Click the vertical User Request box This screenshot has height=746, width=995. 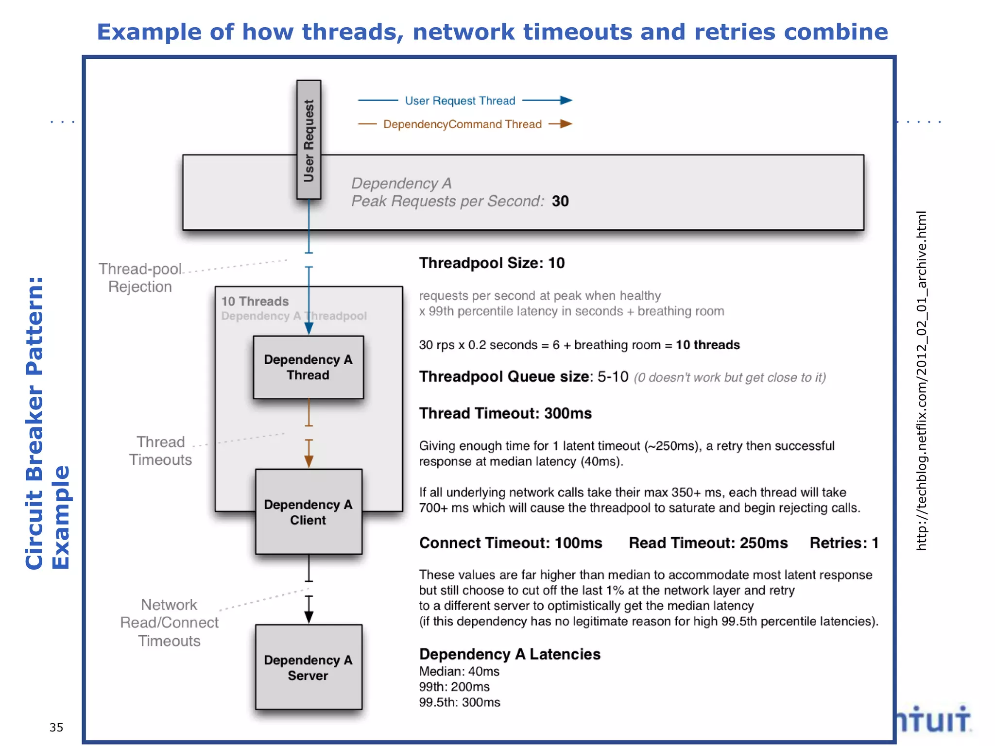(x=309, y=140)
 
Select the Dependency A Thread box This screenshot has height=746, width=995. (x=308, y=367)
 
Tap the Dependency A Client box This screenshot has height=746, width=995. (x=308, y=512)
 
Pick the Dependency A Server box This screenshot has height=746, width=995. (x=308, y=667)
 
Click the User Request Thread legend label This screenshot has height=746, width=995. (x=460, y=101)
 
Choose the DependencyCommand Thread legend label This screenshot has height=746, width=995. (x=462, y=124)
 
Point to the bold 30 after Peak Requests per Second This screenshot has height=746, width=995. (x=560, y=201)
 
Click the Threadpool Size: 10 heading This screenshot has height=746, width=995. (x=492, y=263)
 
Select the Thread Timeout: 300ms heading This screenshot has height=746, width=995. (x=505, y=413)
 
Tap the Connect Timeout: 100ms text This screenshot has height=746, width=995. (x=510, y=543)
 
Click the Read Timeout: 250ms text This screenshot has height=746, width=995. (x=708, y=543)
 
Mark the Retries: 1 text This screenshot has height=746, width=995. (x=844, y=543)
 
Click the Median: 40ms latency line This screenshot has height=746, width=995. (x=459, y=671)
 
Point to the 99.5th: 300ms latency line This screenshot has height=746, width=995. (x=459, y=702)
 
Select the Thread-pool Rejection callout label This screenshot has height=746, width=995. (x=140, y=278)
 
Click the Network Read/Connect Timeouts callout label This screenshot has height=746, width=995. (x=169, y=623)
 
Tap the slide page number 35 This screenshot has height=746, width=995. (x=56, y=727)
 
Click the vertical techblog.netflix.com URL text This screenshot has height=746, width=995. (x=921, y=381)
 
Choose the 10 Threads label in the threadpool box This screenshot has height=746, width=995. (x=255, y=302)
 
